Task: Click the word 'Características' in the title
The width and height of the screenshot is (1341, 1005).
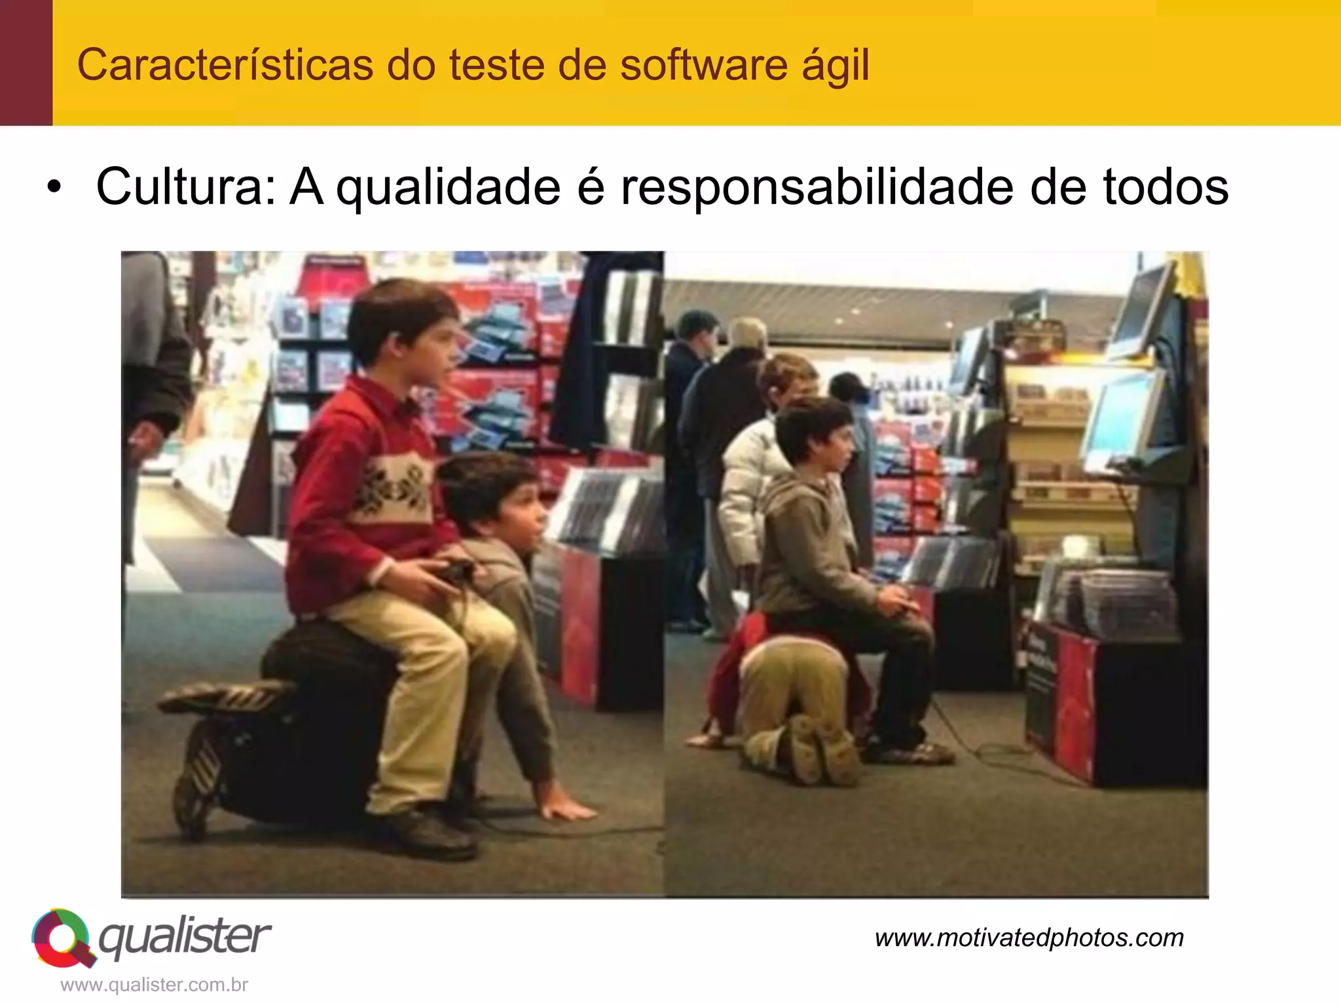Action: [x=225, y=65]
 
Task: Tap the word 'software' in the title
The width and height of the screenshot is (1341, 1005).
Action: [x=704, y=65]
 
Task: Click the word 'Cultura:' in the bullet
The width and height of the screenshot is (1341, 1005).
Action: [x=187, y=187]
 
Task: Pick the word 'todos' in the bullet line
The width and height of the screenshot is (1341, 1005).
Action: [x=1166, y=187]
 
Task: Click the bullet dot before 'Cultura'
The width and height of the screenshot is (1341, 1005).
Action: [x=54, y=188]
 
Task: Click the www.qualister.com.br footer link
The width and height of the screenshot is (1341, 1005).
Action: [x=155, y=985]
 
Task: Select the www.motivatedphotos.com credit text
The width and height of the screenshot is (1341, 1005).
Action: [x=1029, y=938]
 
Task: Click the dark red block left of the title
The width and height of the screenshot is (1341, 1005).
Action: [x=26, y=63]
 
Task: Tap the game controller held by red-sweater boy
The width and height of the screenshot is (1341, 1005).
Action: [x=455, y=570]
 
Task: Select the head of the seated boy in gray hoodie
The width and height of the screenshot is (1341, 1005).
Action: [x=815, y=435]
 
